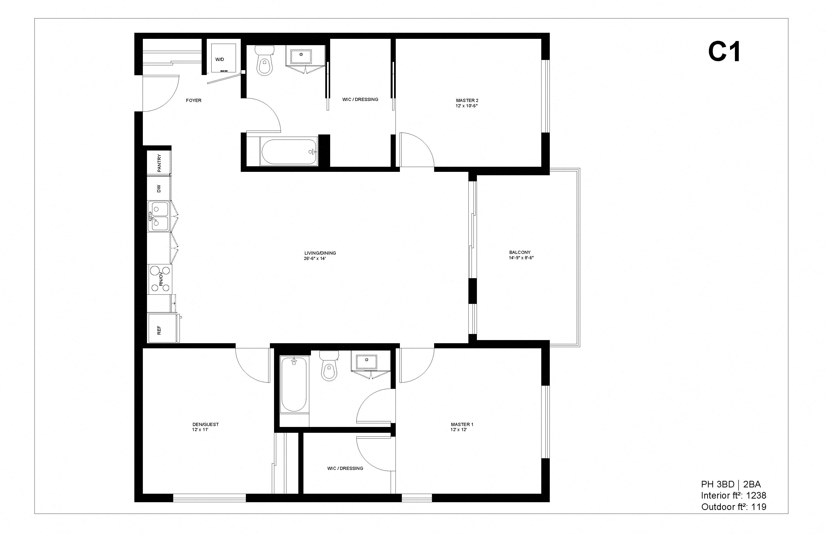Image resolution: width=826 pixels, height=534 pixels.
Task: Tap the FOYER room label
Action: click(194, 100)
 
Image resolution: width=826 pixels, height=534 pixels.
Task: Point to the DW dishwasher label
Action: click(159, 189)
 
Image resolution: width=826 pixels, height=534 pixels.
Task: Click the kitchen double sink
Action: click(159, 216)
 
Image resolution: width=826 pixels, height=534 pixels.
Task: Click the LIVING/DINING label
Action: click(320, 253)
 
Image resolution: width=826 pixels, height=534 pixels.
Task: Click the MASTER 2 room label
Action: click(467, 100)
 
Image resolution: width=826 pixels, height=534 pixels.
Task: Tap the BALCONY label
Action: click(520, 252)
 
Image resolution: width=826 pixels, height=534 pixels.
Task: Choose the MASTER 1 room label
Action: click(462, 425)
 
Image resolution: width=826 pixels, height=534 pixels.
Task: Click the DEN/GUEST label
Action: click(206, 425)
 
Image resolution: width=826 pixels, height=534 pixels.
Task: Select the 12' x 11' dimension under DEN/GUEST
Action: click(200, 430)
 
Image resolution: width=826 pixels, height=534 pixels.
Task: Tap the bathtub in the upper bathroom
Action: click(289, 152)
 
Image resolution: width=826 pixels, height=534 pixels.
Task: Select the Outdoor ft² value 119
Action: click(759, 507)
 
